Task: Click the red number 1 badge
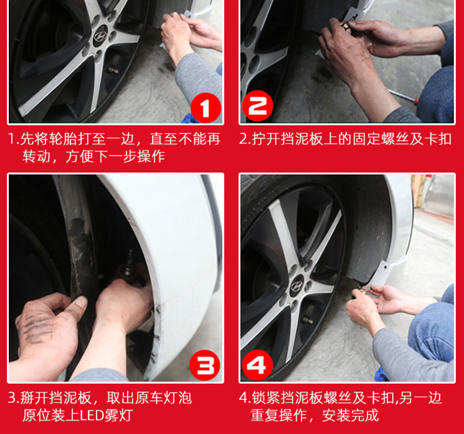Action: point(206,107)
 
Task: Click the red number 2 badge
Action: point(257,106)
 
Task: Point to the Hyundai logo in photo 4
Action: point(297,286)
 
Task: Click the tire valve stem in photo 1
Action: point(113,70)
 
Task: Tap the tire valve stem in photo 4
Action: point(307,320)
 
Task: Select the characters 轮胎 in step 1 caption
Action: point(62,139)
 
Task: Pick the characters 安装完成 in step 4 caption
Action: point(351,415)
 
